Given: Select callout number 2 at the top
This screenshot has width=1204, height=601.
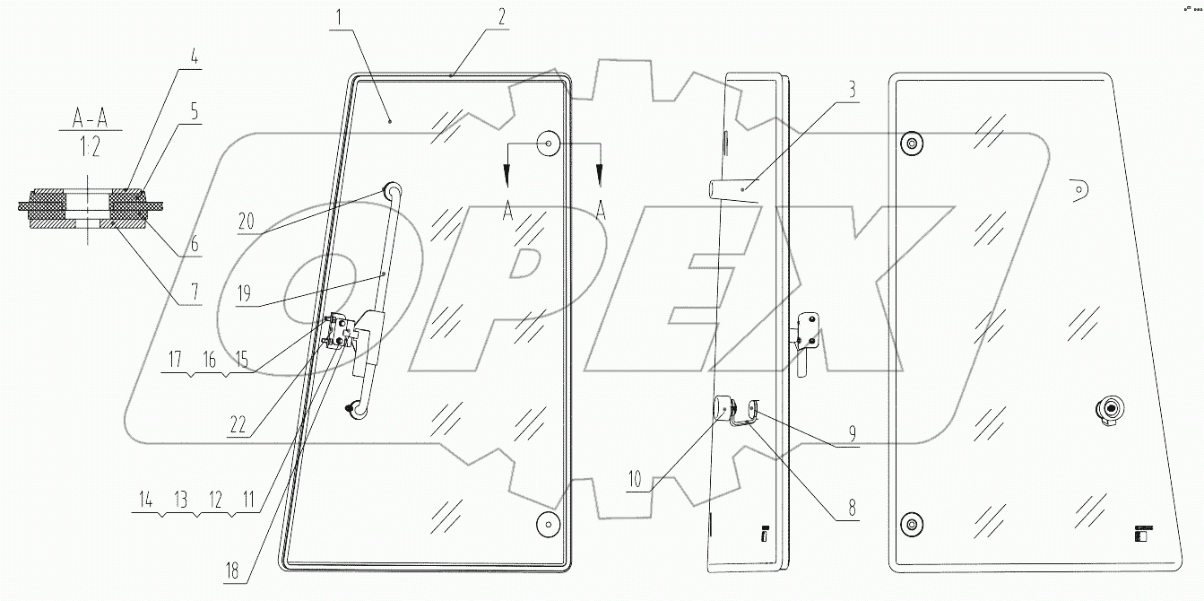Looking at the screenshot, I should [x=502, y=16].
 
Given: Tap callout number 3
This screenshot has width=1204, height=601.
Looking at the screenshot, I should [x=852, y=91].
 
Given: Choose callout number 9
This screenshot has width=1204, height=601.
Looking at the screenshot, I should [x=851, y=432].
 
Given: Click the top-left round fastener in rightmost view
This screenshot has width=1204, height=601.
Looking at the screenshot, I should [x=912, y=144].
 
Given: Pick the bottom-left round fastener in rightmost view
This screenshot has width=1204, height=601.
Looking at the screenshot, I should [x=910, y=524].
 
